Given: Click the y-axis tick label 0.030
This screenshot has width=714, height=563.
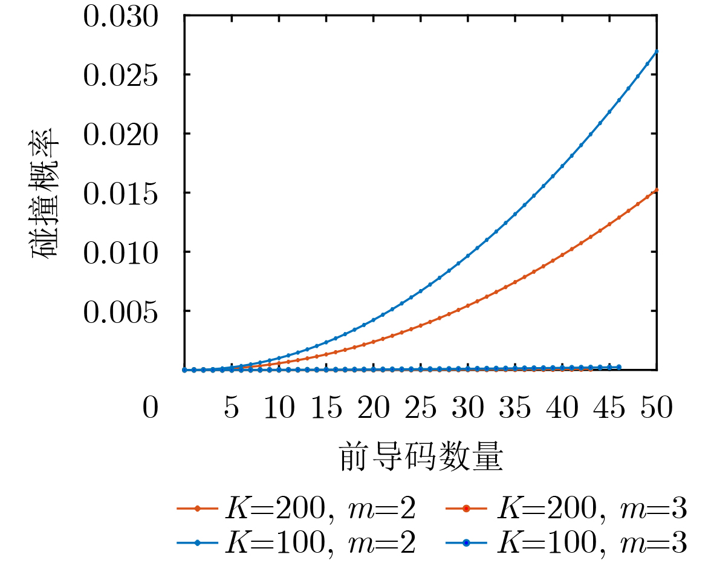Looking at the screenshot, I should click(x=120, y=17).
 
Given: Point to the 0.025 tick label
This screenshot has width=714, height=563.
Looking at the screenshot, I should click(x=120, y=76).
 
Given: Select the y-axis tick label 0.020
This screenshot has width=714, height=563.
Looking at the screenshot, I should click(x=120, y=134).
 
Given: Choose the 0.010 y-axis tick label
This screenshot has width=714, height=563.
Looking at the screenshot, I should click(x=120, y=252).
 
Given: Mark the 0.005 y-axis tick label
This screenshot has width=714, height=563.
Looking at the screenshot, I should click(x=120, y=311).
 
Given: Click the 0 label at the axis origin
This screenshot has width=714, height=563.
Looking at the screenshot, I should click(x=151, y=409).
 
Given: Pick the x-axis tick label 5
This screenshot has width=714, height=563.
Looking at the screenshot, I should click(x=232, y=409).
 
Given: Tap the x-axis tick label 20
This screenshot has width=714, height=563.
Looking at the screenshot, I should click(x=374, y=409).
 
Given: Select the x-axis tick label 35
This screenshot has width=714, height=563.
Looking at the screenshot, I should click(x=515, y=409).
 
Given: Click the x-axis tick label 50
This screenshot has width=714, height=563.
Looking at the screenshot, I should click(x=657, y=409).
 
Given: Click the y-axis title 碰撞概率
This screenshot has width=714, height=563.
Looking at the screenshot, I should click(x=46, y=193).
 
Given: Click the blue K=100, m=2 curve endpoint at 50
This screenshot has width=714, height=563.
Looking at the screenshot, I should click(x=657, y=51).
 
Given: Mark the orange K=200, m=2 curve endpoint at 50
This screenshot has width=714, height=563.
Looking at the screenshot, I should click(x=657, y=189).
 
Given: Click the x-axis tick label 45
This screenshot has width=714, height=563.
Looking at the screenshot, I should click(x=609, y=409).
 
